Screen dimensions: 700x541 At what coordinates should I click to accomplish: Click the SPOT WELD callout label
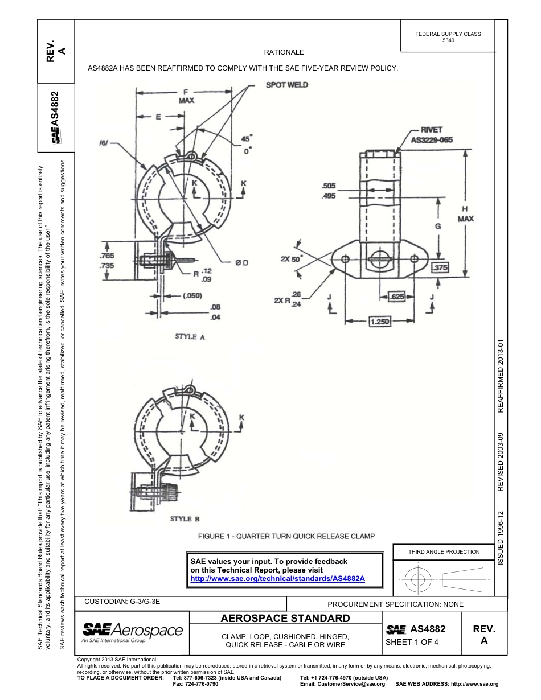tap(287, 84)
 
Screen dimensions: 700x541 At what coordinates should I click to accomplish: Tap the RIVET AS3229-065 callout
tap(432, 134)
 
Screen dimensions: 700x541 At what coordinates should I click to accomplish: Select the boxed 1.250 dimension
tap(380, 322)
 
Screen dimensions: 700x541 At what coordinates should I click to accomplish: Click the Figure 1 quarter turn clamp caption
tap(286, 536)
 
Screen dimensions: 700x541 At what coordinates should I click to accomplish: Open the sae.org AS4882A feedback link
tap(277, 578)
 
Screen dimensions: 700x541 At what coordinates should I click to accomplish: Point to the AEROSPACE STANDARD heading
tap(285, 618)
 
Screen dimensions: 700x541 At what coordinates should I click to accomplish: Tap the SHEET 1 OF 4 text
tap(412, 643)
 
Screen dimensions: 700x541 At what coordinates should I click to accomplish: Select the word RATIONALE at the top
tap(284, 52)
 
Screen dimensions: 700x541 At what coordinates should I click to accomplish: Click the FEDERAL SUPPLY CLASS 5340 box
tap(448, 37)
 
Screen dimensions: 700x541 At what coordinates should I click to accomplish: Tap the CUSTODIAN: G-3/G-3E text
tap(126, 602)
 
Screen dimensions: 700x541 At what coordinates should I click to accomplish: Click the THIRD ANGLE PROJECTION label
tap(444, 551)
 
